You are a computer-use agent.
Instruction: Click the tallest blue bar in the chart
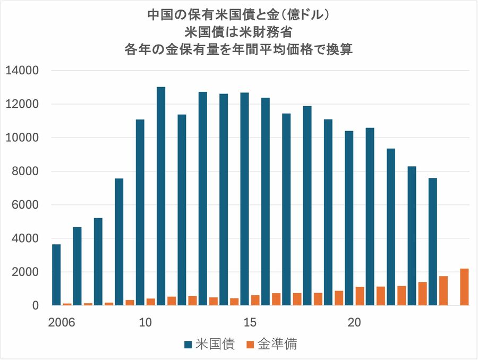click(x=161, y=196)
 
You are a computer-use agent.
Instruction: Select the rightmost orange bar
click(x=464, y=287)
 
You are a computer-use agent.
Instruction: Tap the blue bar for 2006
click(x=56, y=275)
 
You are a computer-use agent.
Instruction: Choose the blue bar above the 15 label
click(x=244, y=199)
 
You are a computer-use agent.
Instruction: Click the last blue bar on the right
click(x=433, y=242)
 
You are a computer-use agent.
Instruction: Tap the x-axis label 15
click(x=250, y=322)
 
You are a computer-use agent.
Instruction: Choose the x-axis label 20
click(x=354, y=322)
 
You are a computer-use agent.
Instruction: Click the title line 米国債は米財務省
click(x=238, y=32)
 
